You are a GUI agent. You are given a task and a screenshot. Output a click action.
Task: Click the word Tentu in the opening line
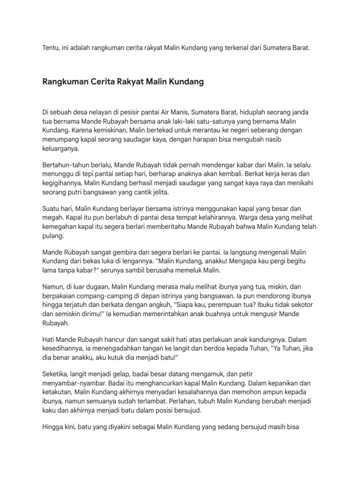click(x=50, y=48)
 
